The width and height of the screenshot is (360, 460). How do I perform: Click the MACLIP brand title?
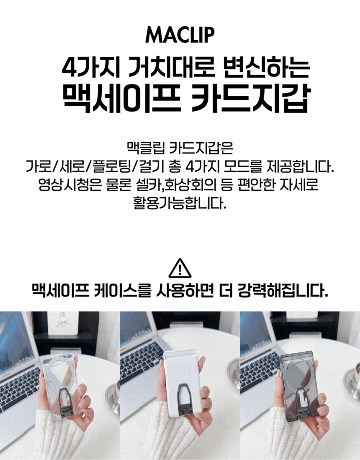point(180,35)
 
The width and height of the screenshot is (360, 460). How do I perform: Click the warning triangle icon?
point(180,268)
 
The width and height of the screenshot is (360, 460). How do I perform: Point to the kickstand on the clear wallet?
point(67,402)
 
